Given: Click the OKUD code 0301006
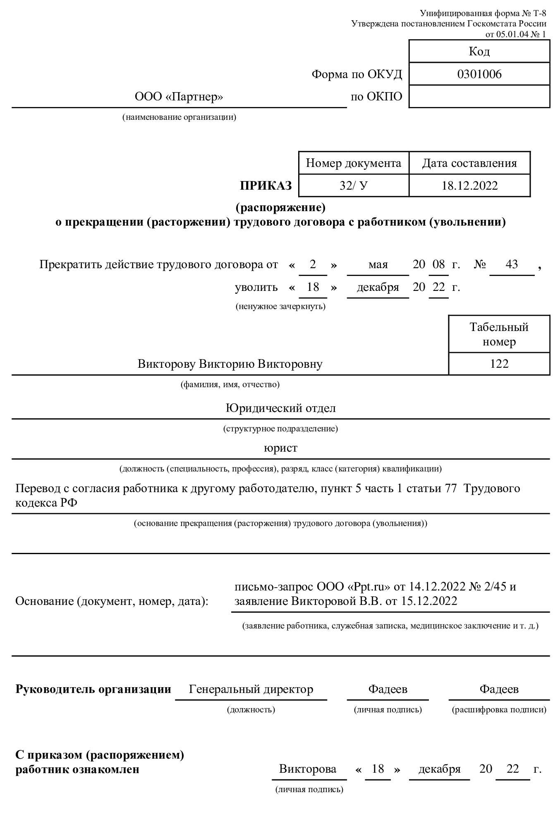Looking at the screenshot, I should click(479, 74).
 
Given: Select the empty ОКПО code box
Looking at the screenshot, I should click(479, 97).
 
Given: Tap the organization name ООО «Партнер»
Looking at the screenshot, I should click(179, 97).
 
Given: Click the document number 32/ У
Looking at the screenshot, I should click(353, 186).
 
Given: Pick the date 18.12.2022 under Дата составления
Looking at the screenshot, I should click(469, 186).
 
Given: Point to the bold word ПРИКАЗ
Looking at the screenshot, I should click(266, 186).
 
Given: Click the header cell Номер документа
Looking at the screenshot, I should click(353, 163).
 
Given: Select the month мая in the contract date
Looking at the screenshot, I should click(378, 264).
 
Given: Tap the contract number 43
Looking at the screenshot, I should click(512, 264).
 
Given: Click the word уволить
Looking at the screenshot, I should click(256, 287).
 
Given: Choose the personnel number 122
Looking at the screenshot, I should click(499, 364).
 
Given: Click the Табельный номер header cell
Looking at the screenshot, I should click(499, 334).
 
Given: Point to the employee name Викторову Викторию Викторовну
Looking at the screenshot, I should click(230, 364).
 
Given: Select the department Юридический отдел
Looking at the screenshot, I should click(280, 409).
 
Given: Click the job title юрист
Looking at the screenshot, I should click(280, 448).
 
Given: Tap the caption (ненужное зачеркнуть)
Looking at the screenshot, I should click(280, 307).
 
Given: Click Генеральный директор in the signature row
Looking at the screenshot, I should click(251, 689).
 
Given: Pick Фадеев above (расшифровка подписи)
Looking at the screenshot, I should click(499, 689).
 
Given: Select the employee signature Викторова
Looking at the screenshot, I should click(307, 769).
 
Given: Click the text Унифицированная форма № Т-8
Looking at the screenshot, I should click(483, 14).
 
